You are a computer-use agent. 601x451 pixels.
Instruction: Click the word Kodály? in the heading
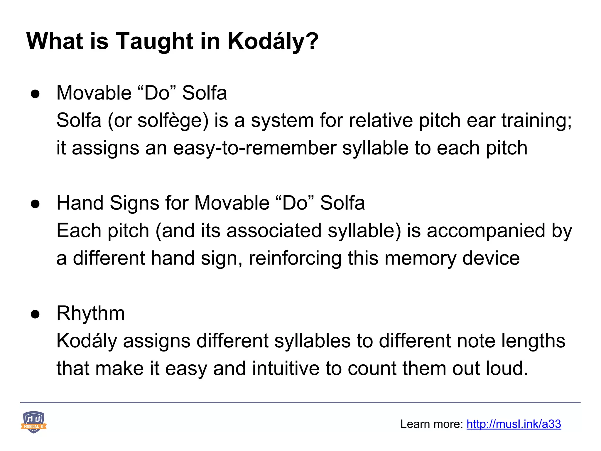point(273,41)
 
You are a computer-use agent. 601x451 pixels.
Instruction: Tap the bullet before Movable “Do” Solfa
point(35,94)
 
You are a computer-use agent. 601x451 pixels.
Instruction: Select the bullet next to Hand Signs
point(35,204)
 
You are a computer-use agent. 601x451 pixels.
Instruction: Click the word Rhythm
point(91,313)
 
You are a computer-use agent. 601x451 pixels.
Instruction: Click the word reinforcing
point(295,258)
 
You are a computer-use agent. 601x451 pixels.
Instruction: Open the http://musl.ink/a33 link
point(514,424)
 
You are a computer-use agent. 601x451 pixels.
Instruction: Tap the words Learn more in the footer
point(432,424)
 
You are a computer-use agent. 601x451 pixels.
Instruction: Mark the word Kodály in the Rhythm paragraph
point(87,341)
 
